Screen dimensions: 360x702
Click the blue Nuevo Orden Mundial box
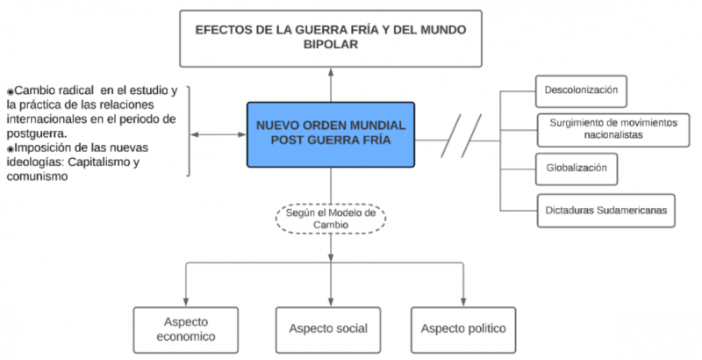tap(331, 133)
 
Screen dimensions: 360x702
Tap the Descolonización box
tap(582, 90)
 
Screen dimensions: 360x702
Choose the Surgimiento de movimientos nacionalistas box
tap(607, 128)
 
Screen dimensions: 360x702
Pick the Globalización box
tap(575, 168)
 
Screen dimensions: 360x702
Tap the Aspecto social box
tap(327, 328)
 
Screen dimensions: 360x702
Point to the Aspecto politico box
tap(463, 328)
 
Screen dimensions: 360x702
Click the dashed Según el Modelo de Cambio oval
tap(331, 218)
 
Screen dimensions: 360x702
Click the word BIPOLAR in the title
tap(331, 46)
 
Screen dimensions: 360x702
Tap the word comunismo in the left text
tap(41, 176)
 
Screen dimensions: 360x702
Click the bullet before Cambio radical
tap(11, 91)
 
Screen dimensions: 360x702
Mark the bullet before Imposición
tap(11, 148)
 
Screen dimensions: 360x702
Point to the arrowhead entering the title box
tap(331, 71)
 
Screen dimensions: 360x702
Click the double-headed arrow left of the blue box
tap(219, 134)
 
